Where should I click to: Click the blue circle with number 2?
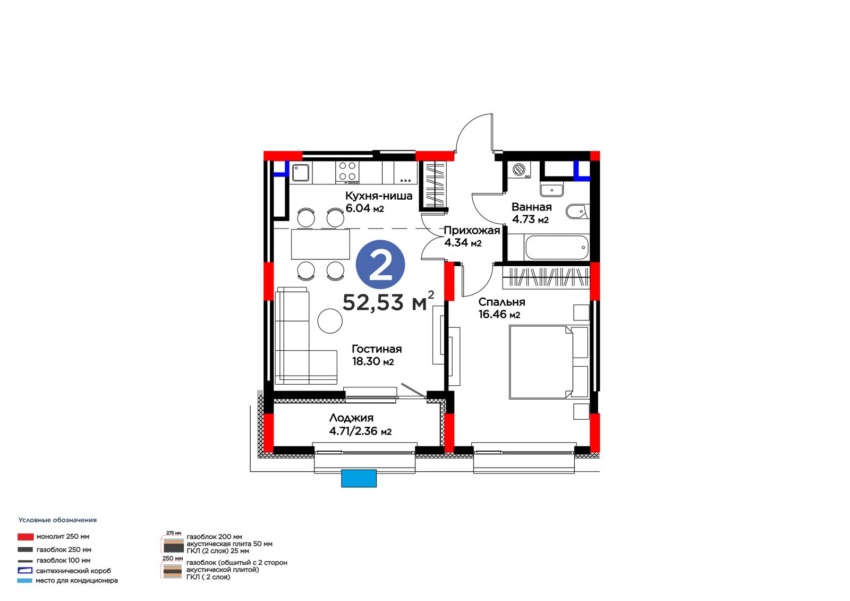pos(380,264)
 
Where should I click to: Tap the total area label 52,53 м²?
pos(388,301)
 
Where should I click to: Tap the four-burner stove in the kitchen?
pos(347,172)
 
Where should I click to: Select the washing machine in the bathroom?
pos(520,170)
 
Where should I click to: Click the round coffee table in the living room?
pos(330,321)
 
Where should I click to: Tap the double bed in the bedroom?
pos(549,362)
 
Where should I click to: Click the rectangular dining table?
pos(321,244)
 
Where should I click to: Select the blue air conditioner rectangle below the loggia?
pos(359,478)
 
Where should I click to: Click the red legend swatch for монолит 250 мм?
pos(25,537)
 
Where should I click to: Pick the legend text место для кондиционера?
pos(76,580)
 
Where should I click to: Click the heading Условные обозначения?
pos(58,520)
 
